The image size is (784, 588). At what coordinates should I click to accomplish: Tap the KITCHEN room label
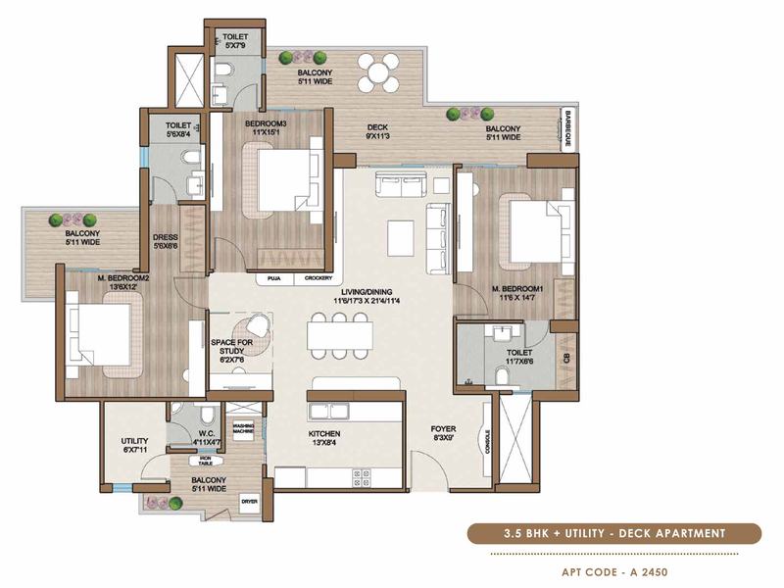coord(324,433)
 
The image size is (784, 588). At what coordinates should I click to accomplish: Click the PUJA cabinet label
coord(272,278)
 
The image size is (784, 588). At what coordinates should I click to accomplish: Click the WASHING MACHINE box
coord(243,429)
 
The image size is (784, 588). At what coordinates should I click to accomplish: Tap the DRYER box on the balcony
coord(250,503)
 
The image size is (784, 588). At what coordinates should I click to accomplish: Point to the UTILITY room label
coord(134,441)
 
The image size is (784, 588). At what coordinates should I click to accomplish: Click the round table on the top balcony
coord(377,72)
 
